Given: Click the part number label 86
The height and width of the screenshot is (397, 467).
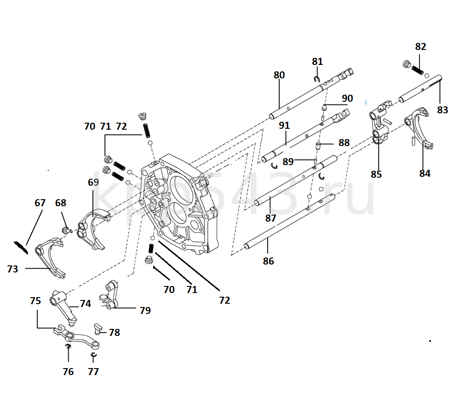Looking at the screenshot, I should click(x=268, y=261).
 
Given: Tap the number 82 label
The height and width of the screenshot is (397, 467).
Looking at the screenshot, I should click(x=420, y=47).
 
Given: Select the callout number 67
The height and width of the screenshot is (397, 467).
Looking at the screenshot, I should click(x=40, y=203).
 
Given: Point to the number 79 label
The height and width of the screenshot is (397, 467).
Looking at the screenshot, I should click(x=145, y=310).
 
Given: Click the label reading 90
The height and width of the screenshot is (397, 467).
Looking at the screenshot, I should click(x=347, y=98).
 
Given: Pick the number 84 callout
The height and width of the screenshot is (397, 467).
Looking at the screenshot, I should click(x=425, y=174).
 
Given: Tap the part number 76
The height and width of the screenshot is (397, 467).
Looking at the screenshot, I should click(x=68, y=372).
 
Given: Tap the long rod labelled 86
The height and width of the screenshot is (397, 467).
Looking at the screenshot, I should click(x=290, y=223).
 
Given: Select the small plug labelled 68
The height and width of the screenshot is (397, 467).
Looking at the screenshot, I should click(x=66, y=229).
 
